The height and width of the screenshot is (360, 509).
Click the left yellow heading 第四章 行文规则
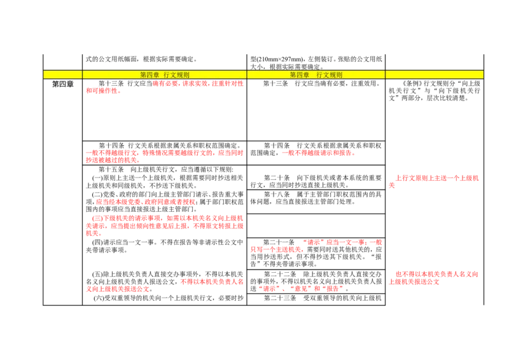click(x=164, y=74)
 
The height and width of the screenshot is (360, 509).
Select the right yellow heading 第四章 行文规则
click(x=316, y=74)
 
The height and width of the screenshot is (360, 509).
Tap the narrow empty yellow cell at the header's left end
click(x=62, y=74)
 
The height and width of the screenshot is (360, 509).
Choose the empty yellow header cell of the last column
click(x=434, y=74)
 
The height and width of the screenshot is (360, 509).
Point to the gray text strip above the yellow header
click(x=286, y=67)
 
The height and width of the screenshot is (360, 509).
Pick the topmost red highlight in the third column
click(x=317, y=153)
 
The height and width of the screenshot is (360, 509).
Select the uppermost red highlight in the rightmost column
click(x=438, y=178)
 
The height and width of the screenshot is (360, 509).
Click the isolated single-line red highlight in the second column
click(x=145, y=203)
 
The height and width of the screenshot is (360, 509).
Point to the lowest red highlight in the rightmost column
click(x=435, y=276)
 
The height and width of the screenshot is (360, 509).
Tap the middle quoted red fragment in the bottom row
click(x=303, y=289)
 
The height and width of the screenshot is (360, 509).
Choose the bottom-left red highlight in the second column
click(x=118, y=289)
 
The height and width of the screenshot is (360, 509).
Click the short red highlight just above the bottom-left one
click(x=211, y=280)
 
